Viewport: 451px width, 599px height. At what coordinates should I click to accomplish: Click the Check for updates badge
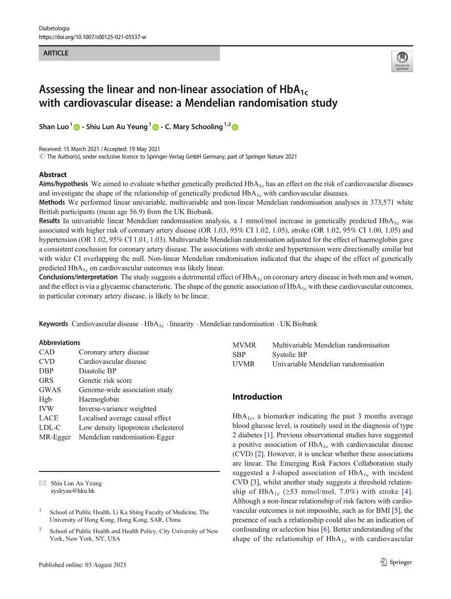click(402, 62)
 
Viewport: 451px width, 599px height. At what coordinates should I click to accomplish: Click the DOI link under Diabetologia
click(92, 37)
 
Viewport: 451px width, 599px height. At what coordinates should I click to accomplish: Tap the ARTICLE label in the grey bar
click(56, 53)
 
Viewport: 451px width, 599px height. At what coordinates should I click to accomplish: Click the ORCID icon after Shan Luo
click(76, 127)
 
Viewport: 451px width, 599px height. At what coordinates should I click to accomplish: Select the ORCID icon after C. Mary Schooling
click(235, 127)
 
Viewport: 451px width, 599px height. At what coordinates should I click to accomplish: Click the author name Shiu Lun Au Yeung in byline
click(117, 127)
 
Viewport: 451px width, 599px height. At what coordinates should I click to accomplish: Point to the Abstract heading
click(53, 174)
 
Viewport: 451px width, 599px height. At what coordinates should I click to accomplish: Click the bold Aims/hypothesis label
click(63, 184)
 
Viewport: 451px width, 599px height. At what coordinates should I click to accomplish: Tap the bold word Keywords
click(53, 324)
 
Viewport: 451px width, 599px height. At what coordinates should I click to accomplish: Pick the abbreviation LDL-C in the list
click(49, 428)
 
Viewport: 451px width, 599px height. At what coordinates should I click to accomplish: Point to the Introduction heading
click(257, 397)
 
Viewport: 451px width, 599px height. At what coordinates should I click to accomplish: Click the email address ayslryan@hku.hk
click(73, 491)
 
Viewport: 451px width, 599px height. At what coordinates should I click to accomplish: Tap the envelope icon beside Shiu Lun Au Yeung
click(42, 483)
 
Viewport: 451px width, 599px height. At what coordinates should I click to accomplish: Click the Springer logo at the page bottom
click(395, 562)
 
